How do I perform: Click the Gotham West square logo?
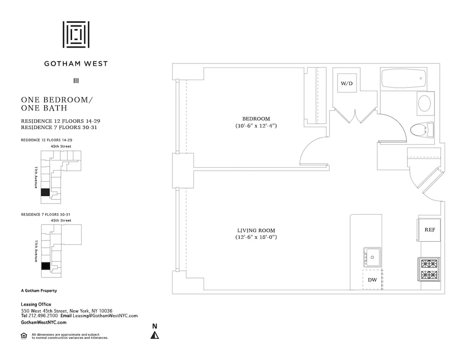pyautogui.click(x=76, y=34)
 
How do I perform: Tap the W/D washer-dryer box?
pyautogui.click(x=346, y=84)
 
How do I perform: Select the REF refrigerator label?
pyautogui.click(x=430, y=230)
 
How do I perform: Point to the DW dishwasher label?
pyautogui.click(x=372, y=280)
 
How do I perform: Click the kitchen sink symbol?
pyautogui.click(x=372, y=257)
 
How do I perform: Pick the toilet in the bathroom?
pyautogui.click(x=422, y=129)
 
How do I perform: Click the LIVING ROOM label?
pyautogui.click(x=256, y=231)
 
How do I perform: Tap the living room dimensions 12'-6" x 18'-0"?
pyautogui.click(x=256, y=238)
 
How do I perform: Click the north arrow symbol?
pyautogui.click(x=155, y=334)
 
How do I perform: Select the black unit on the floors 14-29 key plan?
pyautogui.click(x=45, y=192)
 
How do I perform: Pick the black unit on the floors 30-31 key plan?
pyautogui.click(x=45, y=266)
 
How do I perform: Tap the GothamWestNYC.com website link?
pyautogui.click(x=44, y=322)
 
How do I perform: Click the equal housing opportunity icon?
pyautogui.click(x=24, y=335)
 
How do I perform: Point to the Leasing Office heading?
pyautogui.click(x=36, y=305)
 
